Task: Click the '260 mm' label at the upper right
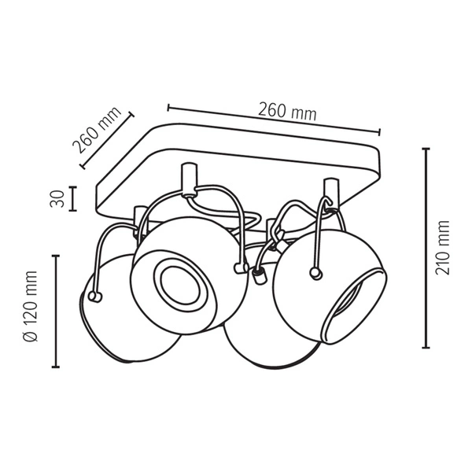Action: click(287, 112)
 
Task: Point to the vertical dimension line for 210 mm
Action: click(426, 248)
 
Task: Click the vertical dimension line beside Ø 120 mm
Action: click(55, 311)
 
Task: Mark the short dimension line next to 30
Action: click(72, 198)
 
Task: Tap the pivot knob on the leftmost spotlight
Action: click(96, 297)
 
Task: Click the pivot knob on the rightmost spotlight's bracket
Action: click(315, 273)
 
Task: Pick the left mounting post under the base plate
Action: click(187, 179)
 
